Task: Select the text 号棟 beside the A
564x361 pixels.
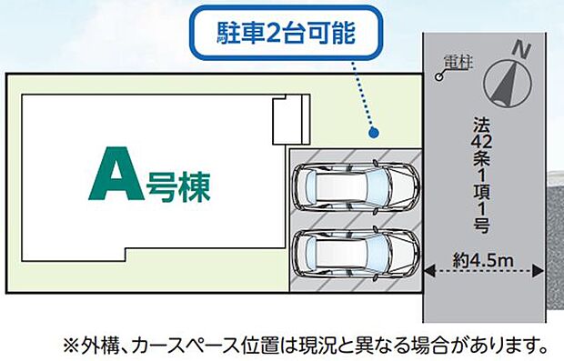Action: click(x=177, y=188)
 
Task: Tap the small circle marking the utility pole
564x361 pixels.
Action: click(x=439, y=78)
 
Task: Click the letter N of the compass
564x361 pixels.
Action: click(x=521, y=48)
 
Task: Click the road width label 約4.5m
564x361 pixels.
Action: click(x=484, y=262)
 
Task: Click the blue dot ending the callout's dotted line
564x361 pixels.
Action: click(x=373, y=133)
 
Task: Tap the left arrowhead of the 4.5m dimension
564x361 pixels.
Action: click(x=428, y=270)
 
